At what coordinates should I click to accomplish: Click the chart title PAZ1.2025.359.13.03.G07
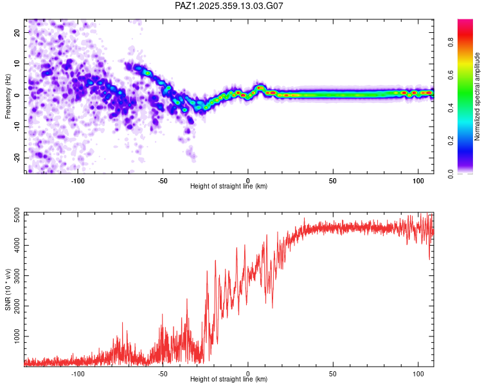pos(229,6)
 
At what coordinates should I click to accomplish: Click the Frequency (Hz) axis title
pos(8,95)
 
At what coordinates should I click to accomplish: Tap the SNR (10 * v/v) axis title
pos(8,289)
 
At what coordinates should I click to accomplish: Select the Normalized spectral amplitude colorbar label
pos(478,96)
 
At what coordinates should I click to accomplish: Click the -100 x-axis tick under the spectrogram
pos(78,180)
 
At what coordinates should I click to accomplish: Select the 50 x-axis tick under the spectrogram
pos(333,180)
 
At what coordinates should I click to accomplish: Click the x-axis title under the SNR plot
pos(229,380)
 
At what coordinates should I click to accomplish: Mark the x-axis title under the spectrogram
pos(229,187)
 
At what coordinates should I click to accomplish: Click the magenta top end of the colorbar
pos(465,23)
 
